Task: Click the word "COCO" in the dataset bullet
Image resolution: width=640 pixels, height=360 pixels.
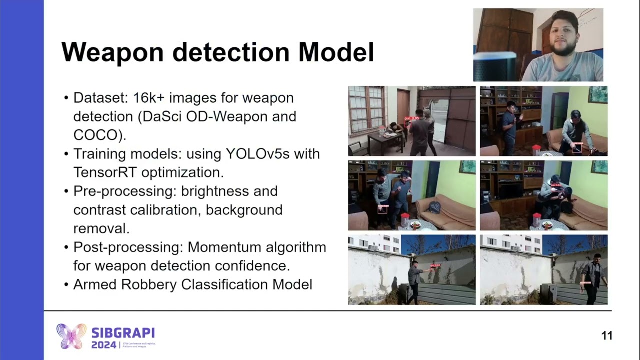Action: (x=96, y=135)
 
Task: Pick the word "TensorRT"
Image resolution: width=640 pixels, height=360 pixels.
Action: (x=105, y=172)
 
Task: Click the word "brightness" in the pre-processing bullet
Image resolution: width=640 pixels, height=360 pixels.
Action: (x=229, y=191)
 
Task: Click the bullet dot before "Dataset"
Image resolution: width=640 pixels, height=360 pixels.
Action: (x=66, y=98)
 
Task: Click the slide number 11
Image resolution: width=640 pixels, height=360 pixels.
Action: (x=606, y=336)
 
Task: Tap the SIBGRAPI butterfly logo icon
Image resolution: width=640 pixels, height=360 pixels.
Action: (x=71, y=336)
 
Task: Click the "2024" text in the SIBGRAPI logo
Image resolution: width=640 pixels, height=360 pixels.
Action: (x=104, y=345)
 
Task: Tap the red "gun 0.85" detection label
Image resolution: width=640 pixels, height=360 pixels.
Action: (x=411, y=118)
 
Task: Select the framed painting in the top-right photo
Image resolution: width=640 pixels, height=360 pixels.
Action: (x=597, y=94)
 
